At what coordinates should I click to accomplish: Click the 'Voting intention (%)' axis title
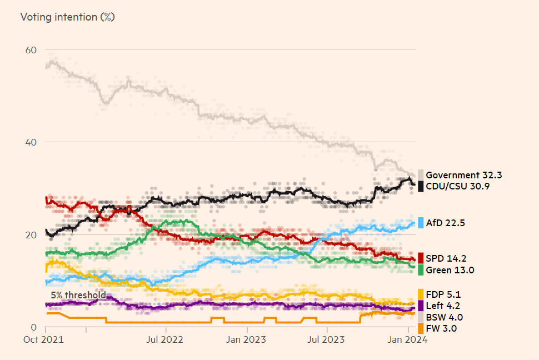pos(67,17)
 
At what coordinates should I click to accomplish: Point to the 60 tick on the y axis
pos(31,50)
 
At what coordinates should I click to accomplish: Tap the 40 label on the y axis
pos(31,142)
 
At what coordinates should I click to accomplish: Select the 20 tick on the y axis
pos(31,235)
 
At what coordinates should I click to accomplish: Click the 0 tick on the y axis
pos(34,327)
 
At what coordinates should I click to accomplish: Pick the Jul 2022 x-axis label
pos(165,339)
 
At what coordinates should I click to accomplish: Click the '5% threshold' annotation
pos(78,295)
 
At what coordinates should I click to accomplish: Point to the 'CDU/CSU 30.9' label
pos(457,186)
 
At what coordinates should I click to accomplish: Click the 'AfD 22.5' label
pos(445,223)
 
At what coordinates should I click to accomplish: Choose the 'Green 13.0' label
pos(450,270)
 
